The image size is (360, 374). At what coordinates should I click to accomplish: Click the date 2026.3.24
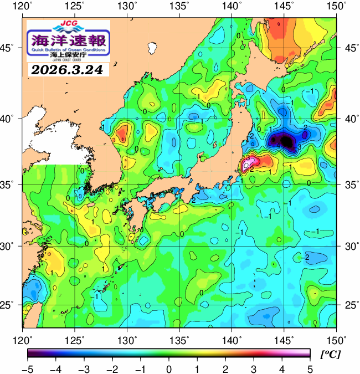tap(68, 70)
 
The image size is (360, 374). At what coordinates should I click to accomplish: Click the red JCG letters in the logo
tap(68, 24)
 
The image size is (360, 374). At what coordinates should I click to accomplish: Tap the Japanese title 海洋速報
tap(68, 40)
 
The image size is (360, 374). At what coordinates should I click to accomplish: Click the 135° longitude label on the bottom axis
tap(179, 339)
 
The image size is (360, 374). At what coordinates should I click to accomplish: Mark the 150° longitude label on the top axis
tap(336, 7)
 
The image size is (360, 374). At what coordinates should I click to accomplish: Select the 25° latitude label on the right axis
tap(349, 305)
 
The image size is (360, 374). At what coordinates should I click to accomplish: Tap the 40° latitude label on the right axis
tap(349, 119)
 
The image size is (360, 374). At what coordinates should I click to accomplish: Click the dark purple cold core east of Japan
tap(286, 141)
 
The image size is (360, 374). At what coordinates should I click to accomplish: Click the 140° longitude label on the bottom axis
tap(232, 339)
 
